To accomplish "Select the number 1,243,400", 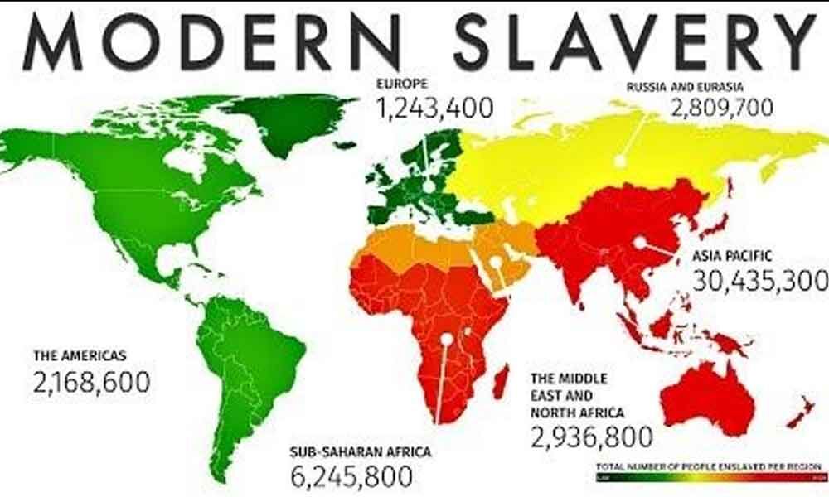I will [x=434, y=107].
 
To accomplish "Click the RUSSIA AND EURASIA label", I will [x=686, y=86].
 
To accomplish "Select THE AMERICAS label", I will [x=80, y=356].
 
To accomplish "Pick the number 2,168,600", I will [x=92, y=382].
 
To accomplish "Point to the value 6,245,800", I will [x=351, y=476].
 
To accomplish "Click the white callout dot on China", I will [x=640, y=242].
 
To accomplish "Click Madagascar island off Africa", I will [x=501, y=384].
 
